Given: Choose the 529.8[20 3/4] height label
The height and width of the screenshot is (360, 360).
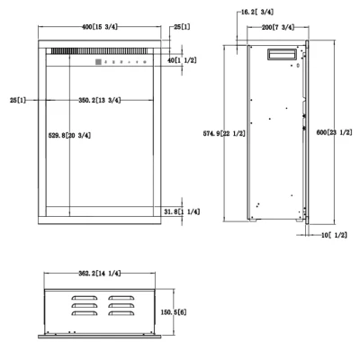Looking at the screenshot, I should [x=69, y=136].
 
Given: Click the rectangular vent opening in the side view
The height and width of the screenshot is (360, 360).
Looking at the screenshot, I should [x=278, y=56].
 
